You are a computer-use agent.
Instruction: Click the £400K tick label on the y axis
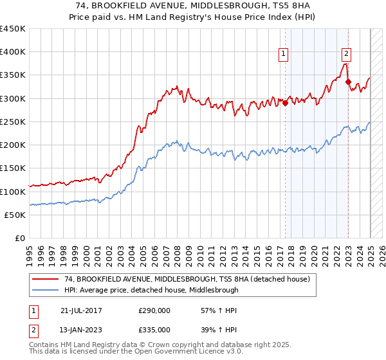click(x=12, y=52)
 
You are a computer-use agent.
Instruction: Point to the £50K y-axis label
click(x=15, y=215)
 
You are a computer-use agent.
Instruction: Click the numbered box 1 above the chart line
click(x=283, y=54)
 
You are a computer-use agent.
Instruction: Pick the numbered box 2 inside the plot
click(x=346, y=54)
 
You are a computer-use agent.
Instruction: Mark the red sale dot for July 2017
click(x=285, y=103)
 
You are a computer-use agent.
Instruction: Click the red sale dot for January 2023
click(x=348, y=82)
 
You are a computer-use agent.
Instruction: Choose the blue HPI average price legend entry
click(x=151, y=290)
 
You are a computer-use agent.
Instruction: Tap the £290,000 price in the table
click(x=154, y=310)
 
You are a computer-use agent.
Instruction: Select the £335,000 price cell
click(x=154, y=329)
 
